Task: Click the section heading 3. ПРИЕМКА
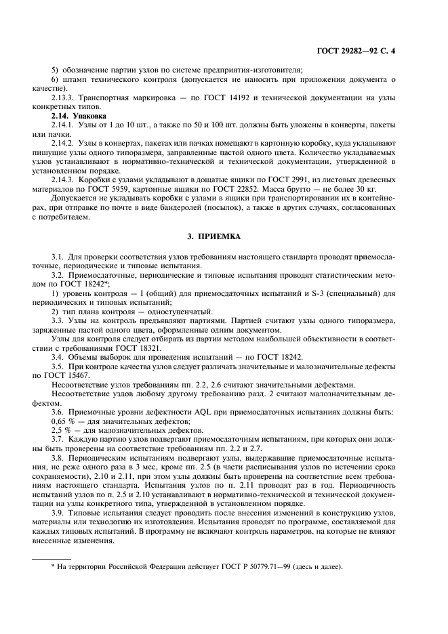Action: click(224, 237)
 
